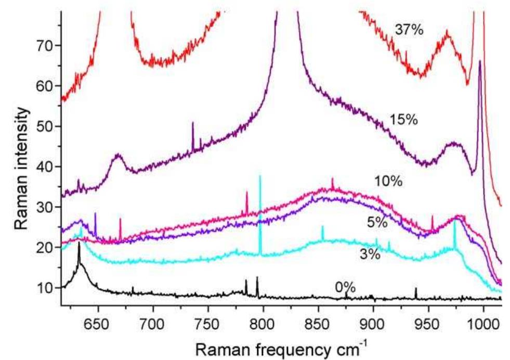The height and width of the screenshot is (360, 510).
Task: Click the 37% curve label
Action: pos(409,30)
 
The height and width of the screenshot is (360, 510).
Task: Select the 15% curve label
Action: pos(403,120)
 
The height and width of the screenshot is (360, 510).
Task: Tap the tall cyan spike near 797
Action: pos(260,177)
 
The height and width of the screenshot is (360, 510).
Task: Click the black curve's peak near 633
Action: pos(79,243)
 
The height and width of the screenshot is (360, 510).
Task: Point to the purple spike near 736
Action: pos(193,123)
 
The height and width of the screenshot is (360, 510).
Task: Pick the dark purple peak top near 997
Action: pos(479,61)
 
